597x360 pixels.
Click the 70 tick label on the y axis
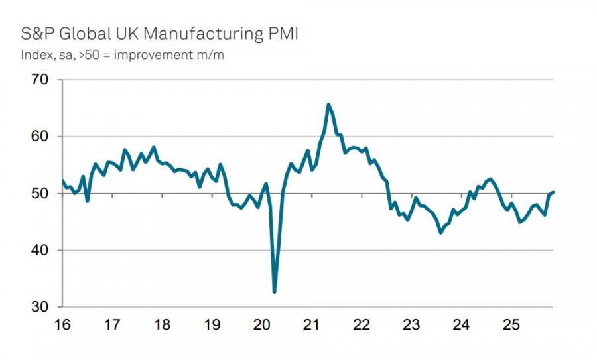40,80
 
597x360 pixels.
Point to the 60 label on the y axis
40,137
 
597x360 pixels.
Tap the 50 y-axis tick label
40,194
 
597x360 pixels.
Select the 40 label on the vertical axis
40,251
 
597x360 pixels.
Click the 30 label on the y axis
40,307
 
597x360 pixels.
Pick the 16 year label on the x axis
62,325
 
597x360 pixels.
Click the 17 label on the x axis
112,325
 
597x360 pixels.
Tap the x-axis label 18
162,325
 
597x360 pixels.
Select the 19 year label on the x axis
212,325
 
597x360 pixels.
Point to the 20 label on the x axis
262,325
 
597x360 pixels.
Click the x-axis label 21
312,325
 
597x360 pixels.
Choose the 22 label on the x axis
362,325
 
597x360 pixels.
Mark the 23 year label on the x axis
411,325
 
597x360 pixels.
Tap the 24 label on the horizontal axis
461,325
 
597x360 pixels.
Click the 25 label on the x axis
511,325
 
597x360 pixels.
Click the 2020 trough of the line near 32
275,291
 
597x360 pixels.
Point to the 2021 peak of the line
328,105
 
